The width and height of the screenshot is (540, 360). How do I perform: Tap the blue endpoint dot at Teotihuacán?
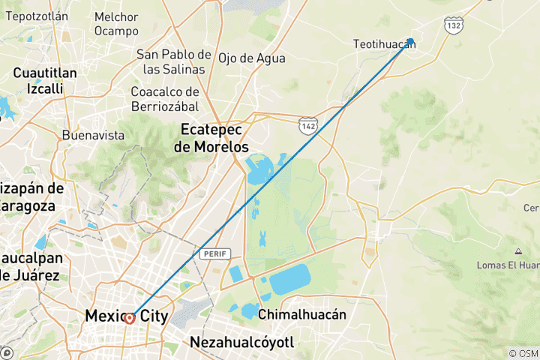(x=411, y=42)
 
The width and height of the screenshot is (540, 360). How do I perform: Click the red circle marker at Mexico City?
(x=130, y=318)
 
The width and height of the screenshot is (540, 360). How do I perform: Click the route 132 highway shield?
(x=452, y=25)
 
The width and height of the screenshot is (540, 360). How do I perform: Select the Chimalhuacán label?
(x=302, y=314)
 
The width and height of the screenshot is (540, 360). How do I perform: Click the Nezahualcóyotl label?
(x=241, y=343)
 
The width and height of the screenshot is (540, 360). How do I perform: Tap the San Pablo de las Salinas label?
(x=173, y=61)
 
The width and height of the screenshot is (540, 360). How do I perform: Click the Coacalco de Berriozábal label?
(x=164, y=99)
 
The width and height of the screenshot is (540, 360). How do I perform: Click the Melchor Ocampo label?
(x=116, y=24)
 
